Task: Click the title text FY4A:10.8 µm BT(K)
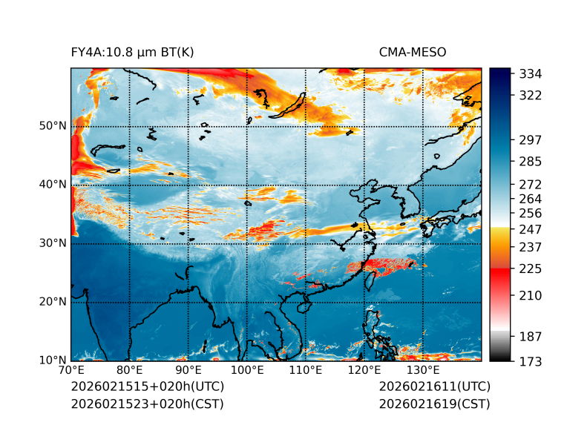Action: [x=132, y=53]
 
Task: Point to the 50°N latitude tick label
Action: [x=53, y=126]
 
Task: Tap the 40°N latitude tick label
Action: [x=53, y=185]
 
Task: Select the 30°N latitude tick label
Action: [x=53, y=243]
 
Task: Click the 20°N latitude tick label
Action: [x=53, y=302]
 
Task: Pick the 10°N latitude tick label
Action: [x=53, y=360]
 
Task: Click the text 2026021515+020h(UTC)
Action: [x=147, y=387]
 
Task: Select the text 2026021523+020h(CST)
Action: [x=147, y=404]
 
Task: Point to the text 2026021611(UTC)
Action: [x=434, y=387]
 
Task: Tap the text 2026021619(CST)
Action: [x=434, y=404]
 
